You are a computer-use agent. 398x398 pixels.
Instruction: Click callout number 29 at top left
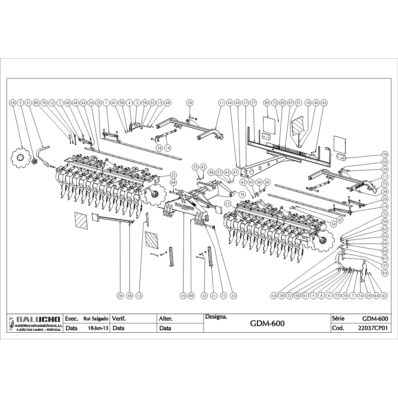(12, 103)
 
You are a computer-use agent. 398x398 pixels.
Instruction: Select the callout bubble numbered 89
(267, 103)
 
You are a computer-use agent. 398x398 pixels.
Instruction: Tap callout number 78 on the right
(385, 154)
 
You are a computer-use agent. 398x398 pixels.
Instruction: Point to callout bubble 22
(173, 175)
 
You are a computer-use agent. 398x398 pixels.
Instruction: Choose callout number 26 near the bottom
(120, 295)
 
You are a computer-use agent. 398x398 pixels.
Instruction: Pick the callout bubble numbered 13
(139, 295)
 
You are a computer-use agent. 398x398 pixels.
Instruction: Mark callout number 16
(182, 295)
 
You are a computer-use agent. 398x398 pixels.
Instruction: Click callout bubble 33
(234, 295)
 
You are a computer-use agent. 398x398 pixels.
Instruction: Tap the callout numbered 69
(385, 273)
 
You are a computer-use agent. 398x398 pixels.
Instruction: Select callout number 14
(168, 148)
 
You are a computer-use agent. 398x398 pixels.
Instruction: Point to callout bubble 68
(173, 183)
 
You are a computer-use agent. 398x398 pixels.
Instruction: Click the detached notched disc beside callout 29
(18, 158)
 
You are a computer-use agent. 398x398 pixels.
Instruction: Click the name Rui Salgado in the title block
(96, 319)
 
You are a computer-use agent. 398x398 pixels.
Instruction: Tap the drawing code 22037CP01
(372, 328)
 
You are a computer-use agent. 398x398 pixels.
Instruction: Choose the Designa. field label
(216, 316)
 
